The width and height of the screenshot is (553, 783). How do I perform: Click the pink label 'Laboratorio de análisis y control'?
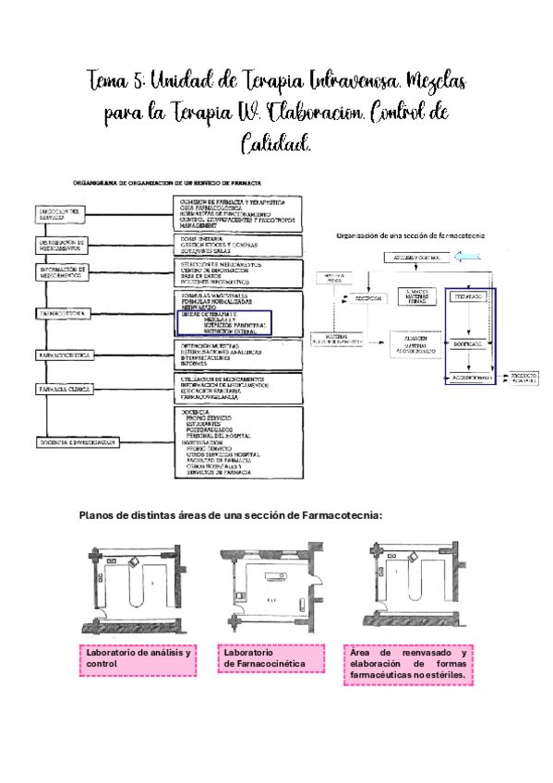[138, 658]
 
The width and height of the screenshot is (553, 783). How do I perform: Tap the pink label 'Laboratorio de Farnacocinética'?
[272, 658]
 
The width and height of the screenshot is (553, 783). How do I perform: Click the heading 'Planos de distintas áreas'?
[230, 516]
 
